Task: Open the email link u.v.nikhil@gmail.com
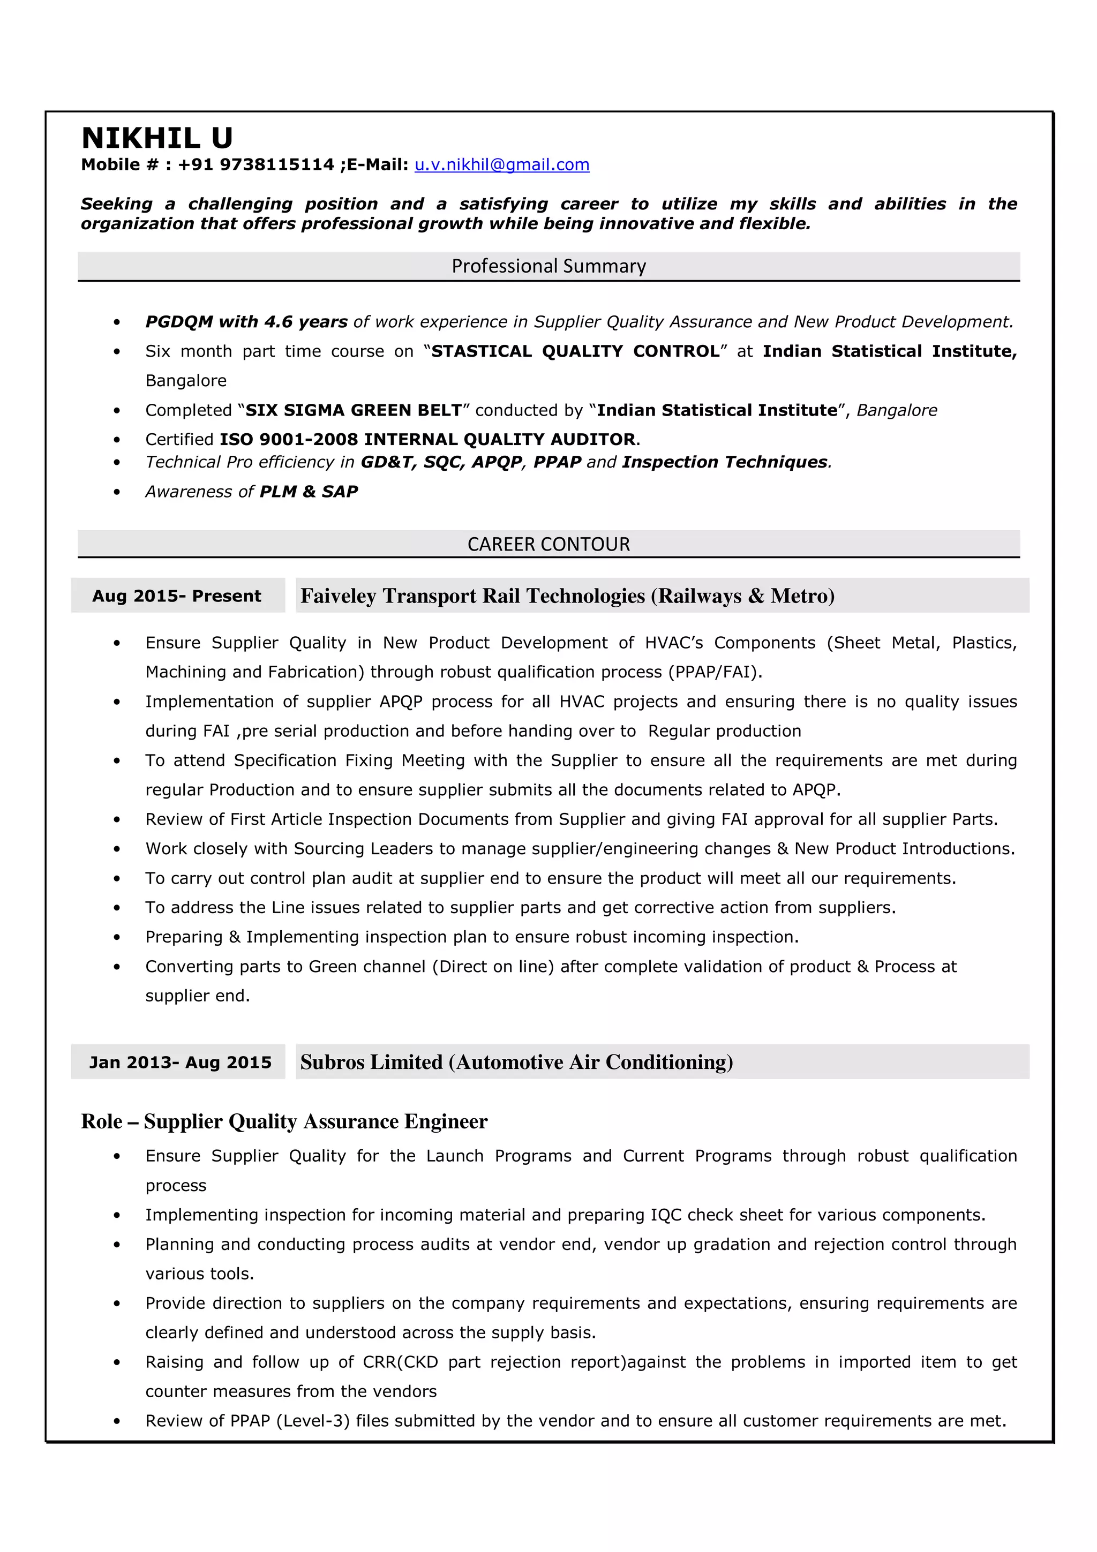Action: pos(501,165)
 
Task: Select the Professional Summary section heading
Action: pos(548,266)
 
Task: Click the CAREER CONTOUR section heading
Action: pos(548,544)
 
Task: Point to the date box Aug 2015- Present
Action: pos(177,596)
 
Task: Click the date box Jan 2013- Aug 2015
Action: pos(180,1062)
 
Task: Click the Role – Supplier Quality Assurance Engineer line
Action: pos(284,1121)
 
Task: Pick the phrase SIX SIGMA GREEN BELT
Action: pos(353,410)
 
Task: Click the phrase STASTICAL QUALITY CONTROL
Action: pos(575,351)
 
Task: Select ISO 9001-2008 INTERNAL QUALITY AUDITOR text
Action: pos(427,439)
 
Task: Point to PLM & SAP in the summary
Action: pos(309,492)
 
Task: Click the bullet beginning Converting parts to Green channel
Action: pos(550,967)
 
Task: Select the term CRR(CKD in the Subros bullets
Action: pos(400,1362)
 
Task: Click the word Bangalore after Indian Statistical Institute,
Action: pos(186,381)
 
